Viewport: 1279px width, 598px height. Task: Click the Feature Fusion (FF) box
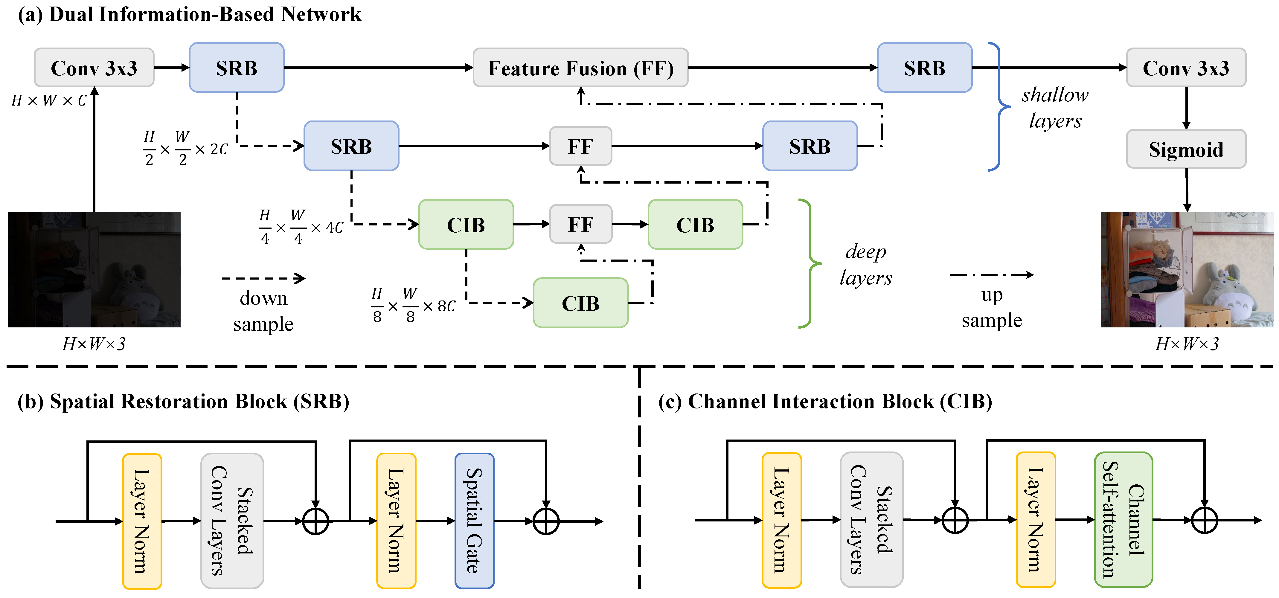pyautogui.click(x=580, y=68)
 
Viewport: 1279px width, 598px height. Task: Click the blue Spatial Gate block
pyautogui.click(x=474, y=521)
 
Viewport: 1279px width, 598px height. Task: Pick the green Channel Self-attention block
pyautogui.click(x=1123, y=520)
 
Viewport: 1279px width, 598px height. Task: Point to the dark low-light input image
pyautogui.click(x=94, y=269)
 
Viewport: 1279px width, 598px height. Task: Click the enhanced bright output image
pyautogui.click(x=1187, y=269)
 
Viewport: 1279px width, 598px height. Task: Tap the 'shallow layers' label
pyautogui.click(x=1055, y=108)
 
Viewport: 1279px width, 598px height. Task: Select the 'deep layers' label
pyautogui.click(x=865, y=265)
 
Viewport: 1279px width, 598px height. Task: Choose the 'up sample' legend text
pyautogui.click(x=992, y=308)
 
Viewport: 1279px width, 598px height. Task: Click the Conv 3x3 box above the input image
pyautogui.click(x=94, y=68)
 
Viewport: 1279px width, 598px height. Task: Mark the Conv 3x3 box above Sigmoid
pyautogui.click(x=1186, y=68)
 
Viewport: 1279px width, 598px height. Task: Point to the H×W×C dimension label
pyautogui.click(x=49, y=101)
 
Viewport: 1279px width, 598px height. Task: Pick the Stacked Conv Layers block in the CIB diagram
pyautogui.click(x=871, y=520)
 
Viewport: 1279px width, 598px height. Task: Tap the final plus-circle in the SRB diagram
pyautogui.click(x=546, y=521)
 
